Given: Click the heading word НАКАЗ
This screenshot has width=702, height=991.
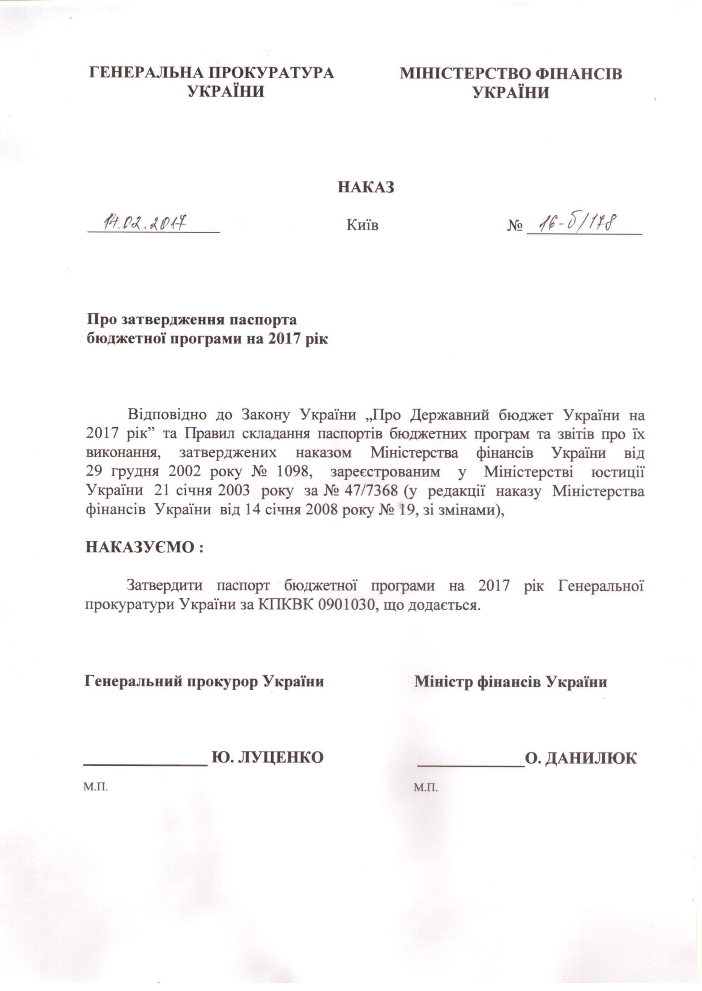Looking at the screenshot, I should point(366,187).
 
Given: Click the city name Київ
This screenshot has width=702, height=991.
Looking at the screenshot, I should point(362,225).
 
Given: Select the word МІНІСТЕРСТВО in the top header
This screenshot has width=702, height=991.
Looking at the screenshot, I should point(465,73).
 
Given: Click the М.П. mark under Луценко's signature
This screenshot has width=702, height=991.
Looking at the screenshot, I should point(95,787).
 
